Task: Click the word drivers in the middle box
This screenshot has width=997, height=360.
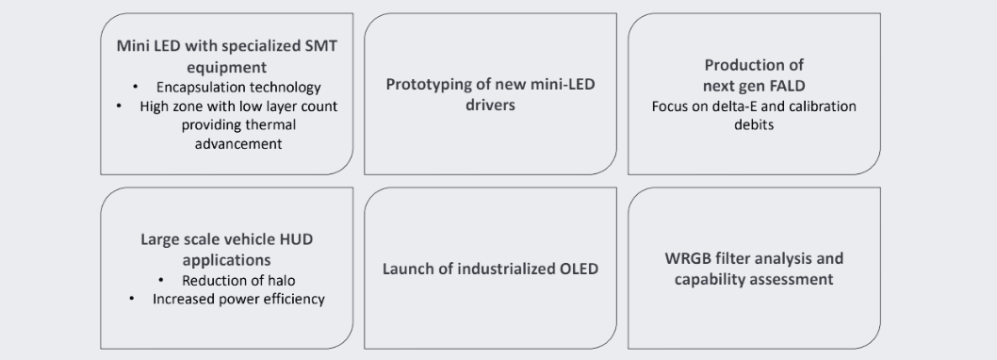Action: pos(490,105)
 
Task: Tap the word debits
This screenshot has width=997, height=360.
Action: pos(754,125)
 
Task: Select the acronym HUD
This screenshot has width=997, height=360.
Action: pos(294,239)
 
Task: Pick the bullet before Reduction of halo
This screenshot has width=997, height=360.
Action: pos(162,281)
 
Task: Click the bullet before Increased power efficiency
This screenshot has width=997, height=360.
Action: pos(130,300)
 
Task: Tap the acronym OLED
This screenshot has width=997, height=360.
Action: pos(577,270)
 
